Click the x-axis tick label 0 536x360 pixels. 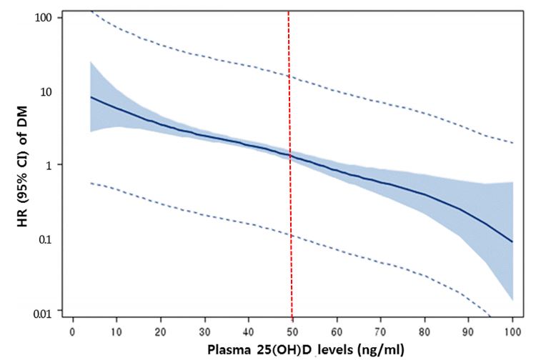tap(72, 332)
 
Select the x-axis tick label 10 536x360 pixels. tap(116, 332)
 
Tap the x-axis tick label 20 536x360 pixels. tap(161, 332)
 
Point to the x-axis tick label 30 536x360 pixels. tap(205, 332)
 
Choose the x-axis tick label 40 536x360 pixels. tap(249, 332)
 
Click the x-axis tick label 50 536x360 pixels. tap(293, 332)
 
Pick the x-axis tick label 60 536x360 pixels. tap(337, 332)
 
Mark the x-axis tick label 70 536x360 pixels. tap(381, 332)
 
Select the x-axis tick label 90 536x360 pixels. tap(469, 332)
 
